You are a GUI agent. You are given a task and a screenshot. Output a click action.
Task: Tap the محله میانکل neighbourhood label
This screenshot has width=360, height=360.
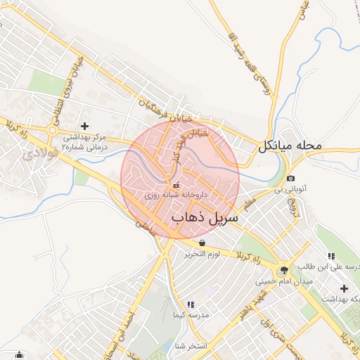coord(289,146)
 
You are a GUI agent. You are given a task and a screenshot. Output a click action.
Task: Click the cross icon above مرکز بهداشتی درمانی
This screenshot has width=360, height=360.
coord(85,125)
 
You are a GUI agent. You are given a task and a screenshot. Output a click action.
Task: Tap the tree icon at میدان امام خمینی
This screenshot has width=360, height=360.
coord(284,269)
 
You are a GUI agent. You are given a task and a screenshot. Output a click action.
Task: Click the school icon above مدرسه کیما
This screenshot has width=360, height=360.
coord(191,304)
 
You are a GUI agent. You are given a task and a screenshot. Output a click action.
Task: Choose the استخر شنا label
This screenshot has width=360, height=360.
coord(190,345)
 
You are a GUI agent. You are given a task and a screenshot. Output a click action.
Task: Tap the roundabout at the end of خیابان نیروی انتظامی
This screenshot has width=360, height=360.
coord(52,129)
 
